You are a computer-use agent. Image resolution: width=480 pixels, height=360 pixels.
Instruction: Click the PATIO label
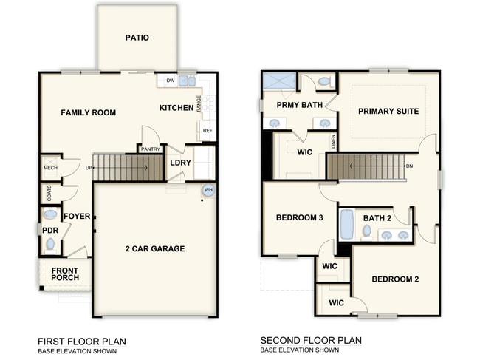pos(137,38)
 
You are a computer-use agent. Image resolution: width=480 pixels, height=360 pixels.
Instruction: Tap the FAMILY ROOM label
pos(88,113)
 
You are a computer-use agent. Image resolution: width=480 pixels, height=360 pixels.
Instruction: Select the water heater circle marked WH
pos(208,190)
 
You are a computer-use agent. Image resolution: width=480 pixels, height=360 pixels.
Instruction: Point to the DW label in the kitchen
pos(170,81)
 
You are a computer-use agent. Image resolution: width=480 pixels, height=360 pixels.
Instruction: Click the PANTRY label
pos(151,149)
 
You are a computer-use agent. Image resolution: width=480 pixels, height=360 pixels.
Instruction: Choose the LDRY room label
pos(181,163)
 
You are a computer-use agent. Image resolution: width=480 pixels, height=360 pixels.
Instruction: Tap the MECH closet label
pos(49,168)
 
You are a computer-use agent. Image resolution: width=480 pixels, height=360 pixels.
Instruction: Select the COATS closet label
pos(49,193)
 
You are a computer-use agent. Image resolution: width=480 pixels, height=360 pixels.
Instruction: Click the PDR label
pos(50,230)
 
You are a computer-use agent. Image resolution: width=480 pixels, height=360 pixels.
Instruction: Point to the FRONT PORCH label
pos(64,274)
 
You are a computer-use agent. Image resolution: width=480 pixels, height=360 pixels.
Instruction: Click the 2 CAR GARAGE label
pos(155,249)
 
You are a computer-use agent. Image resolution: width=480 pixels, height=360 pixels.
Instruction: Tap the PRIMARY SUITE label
pos(388,112)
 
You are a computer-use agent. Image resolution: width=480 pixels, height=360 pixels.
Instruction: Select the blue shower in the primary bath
pos(278,81)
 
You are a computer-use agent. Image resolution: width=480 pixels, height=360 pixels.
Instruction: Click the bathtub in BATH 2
pos(347,225)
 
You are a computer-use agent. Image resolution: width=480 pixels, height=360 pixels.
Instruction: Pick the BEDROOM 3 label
pos(299,218)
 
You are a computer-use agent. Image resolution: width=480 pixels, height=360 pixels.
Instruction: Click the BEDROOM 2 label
pos(395,279)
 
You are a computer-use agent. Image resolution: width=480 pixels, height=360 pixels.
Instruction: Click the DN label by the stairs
pos(408,166)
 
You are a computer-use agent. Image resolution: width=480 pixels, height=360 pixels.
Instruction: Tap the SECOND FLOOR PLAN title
pos(311,341)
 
